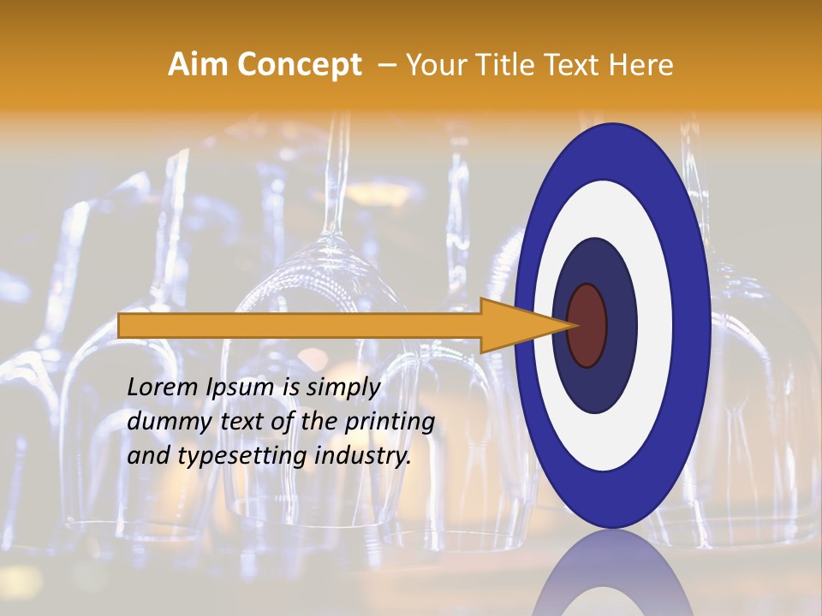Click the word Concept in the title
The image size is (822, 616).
coord(300,65)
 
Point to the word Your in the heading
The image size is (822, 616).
coord(433,65)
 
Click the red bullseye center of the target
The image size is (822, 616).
coord(587,325)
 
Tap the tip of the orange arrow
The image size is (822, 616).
coord(575,325)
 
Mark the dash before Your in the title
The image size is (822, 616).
coord(386,65)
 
